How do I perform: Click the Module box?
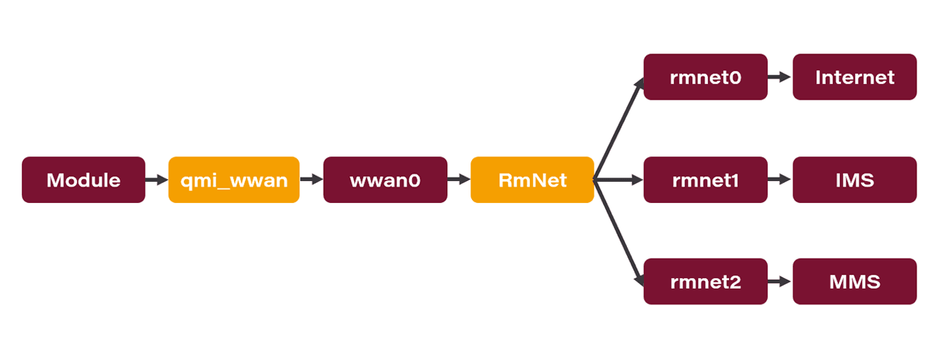[83, 180]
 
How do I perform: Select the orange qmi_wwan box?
[234, 180]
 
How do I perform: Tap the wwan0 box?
[385, 180]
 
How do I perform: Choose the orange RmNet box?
[532, 180]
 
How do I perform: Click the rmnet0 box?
[705, 77]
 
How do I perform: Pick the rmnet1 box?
[705, 180]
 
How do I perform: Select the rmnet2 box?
[705, 282]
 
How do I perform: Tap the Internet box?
[854, 77]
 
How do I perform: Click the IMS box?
[854, 180]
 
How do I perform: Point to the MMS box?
[854, 282]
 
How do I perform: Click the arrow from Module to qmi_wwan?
[156, 180]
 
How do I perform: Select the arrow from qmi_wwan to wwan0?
[311, 180]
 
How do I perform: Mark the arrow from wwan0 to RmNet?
[459, 180]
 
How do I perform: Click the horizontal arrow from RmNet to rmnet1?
[618, 180]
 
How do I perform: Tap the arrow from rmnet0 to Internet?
[780, 77]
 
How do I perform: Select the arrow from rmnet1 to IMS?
[780, 180]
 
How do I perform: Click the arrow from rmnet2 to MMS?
[780, 282]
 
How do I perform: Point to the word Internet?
[854, 77]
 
